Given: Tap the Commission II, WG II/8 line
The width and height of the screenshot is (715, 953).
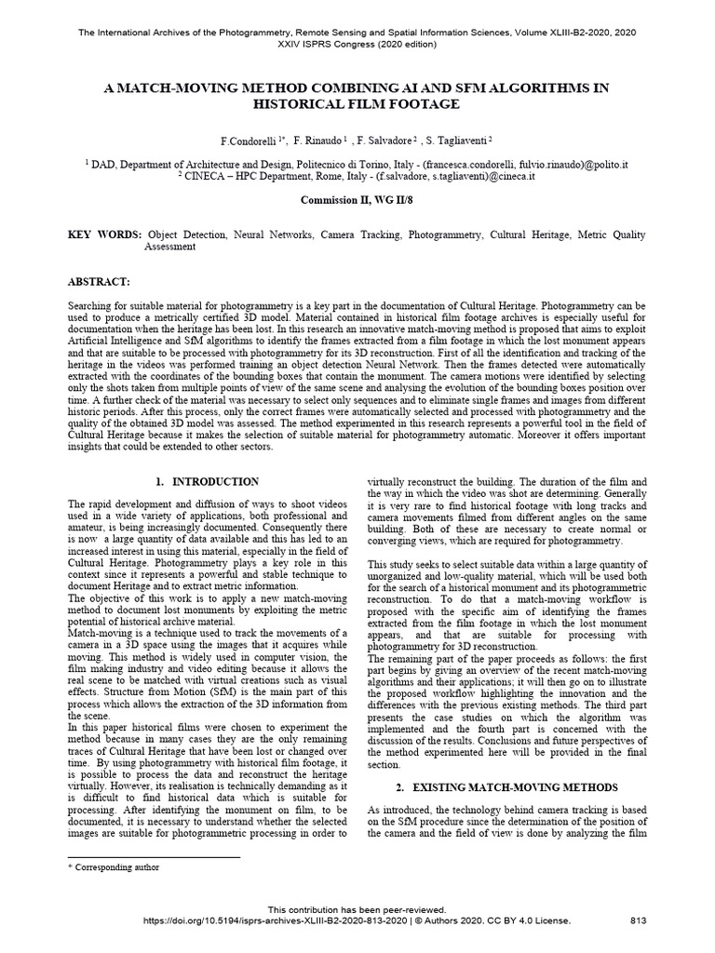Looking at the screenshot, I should click(x=357, y=200).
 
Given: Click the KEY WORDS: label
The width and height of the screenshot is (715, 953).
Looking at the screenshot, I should click(x=105, y=236).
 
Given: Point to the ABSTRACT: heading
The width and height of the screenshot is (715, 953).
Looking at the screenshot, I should click(x=101, y=280).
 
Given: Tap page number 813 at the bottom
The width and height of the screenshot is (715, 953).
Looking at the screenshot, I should click(x=639, y=920).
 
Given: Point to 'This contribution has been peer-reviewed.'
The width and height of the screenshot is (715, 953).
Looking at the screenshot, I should click(x=357, y=909).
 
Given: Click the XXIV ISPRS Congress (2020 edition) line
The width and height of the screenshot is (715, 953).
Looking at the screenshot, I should click(x=357, y=46).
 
